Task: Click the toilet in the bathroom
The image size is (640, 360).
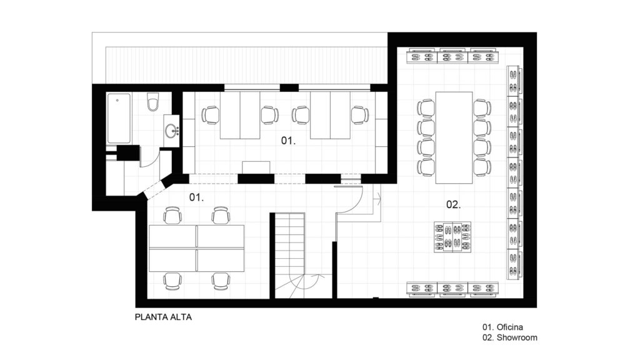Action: pyautogui.click(x=153, y=102)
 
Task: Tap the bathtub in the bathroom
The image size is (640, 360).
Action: pyautogui.click(x=119, y=118)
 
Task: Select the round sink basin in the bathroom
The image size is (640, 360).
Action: pyautogui.click(x=171, y=131)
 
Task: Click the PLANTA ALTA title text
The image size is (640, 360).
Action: pyautogui.click(x=163, y=317)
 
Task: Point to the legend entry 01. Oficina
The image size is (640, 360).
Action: pyautogui.click(x=503, y=327)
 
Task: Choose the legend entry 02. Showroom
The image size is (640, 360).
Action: pyautogui.click(x=510, y=337)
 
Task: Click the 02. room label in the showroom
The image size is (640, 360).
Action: pyautogui.click(x=453, y=204)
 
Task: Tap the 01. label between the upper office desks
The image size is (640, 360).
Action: pyautogui.click(x=288, y=141)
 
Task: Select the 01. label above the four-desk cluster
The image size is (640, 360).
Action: pyautogui.click(x=196, y=197)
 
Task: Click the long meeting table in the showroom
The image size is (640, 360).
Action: pyautogui.click(x=454, y=137)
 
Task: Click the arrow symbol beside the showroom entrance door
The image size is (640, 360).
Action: pyautogui.click(x=377, y=199)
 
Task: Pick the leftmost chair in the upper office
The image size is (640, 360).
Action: pyautogui.click(x=211, y=115)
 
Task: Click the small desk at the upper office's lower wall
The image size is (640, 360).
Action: pyautogui.click(x=256, y=167)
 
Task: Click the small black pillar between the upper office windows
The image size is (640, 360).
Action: pyautogui.click(x=289, y=87)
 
